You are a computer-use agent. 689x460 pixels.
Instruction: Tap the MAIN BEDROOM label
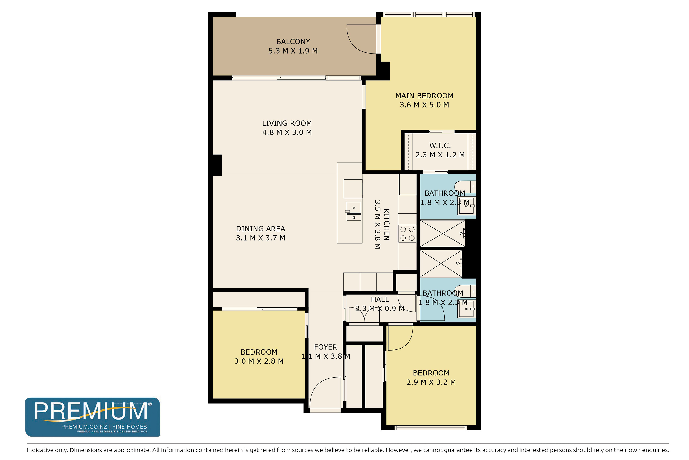tap(424, 96)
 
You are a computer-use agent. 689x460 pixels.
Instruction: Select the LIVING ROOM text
tap(287, 123)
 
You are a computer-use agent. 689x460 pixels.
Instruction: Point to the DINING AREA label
tap(260, 229)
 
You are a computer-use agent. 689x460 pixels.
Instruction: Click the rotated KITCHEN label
tap(387, 225)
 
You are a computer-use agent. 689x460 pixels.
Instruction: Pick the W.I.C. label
tap(440, 145)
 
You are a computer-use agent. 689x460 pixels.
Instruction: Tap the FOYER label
tap(325, 347)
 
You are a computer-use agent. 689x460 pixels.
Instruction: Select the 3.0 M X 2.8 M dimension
tap(259, 361)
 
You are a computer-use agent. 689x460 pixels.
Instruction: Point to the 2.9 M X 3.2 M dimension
tap(431, 382)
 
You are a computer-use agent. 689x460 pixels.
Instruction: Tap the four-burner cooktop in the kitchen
tap(407, 233)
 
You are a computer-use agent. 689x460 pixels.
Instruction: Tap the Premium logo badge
tap(93, 417)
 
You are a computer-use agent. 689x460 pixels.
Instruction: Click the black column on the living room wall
tap(217, 165)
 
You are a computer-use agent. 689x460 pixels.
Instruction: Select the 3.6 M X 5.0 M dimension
tap(424, 105)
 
